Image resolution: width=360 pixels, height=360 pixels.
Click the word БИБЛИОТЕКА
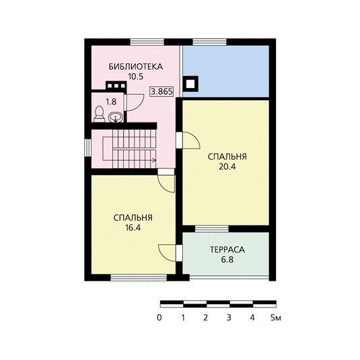[136, 67]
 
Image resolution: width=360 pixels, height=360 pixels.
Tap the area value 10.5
[136, 77]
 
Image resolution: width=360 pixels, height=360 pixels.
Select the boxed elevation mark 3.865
[161, 92]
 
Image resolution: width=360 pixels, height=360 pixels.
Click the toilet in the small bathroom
[100, 114]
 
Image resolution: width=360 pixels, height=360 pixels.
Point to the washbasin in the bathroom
[116, 118]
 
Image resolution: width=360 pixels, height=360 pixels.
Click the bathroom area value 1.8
[111, 102]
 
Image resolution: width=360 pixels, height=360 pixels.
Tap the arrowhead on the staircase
[154, 160]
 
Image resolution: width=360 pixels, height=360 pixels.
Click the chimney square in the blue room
[190, 84]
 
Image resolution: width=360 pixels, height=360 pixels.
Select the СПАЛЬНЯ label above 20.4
[227, 157]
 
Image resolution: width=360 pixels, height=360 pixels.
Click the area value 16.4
[133, 227]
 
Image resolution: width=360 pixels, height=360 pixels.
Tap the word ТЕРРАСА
[227, 250]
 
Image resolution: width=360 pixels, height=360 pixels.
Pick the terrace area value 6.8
[227, 260]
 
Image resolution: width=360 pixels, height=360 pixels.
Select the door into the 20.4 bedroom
[188, 140]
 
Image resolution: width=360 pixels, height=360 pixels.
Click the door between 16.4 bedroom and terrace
[170, 253]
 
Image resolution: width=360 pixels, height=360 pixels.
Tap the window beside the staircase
[88, 147]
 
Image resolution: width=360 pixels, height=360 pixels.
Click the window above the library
[147, 42]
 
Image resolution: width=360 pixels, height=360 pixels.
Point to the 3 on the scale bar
[229, 318]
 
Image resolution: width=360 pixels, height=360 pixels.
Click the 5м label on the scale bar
[276, 318]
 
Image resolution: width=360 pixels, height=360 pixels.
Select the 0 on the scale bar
[159, 318]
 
